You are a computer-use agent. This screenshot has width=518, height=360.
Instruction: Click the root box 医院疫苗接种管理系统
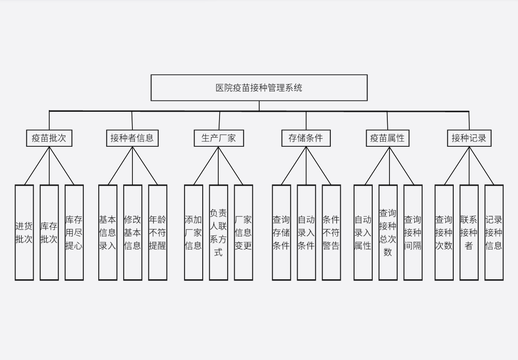point(259,88)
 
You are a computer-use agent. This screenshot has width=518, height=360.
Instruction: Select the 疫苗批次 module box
point(49,138)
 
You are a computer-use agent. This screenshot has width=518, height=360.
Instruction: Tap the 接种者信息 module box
point(132,138)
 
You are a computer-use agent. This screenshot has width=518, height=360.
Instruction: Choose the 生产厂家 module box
point(219,138)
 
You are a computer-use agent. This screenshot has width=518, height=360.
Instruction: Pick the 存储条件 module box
point(306,138)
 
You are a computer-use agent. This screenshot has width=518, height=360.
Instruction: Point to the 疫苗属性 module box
point(387,138)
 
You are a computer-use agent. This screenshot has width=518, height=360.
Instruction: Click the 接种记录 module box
point(469,138)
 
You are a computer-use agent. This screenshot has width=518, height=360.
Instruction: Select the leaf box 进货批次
point(24,232)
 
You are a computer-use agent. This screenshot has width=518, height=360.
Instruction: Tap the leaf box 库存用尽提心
point(74,232)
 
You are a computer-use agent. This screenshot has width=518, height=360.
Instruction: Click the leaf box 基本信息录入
point(108,232)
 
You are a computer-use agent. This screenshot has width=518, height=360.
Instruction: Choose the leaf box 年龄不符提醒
point(158,232)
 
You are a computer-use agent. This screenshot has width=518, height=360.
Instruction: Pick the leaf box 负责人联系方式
point(219,232)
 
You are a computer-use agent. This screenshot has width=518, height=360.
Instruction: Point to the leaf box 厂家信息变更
point(244,232)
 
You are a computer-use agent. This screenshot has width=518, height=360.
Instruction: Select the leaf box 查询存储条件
point(281,232)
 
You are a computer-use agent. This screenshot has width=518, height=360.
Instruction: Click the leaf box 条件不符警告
point(331,232)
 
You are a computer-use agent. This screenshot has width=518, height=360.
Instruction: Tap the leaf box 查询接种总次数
point(388,232)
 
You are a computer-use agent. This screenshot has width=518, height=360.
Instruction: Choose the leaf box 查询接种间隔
point(413,232)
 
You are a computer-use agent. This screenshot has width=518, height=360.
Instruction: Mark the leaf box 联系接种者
point(469,232)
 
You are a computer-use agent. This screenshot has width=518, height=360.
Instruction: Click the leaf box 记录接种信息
point(494,232)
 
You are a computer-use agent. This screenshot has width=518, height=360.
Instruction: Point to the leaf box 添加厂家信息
point(194,232)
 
